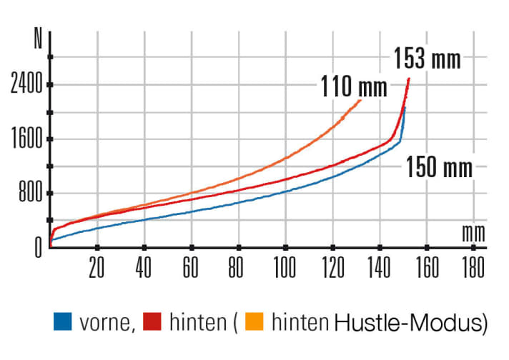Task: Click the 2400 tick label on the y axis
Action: coord(26,86)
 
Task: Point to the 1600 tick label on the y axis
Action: coord(26,140)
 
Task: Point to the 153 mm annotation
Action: coord(427,59)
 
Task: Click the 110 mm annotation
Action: coord(353,89)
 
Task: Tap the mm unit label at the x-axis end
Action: coord(473,232)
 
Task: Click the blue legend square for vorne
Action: coord(63,323)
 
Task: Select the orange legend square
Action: coord(254,323)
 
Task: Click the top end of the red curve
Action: coord(409,78)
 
